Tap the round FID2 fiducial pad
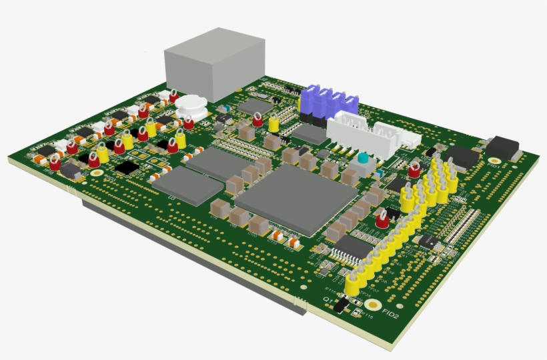pos(372,305)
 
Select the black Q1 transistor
pos(341,305)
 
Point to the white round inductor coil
pos(193,105)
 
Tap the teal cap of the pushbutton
pos(363,159)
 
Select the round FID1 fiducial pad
pos(494,160)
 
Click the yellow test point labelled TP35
pos(354,285)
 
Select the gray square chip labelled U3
pos(186,185)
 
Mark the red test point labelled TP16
pos(55,163)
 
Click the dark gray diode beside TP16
pos(71,171)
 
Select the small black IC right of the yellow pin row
pos(428,241)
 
